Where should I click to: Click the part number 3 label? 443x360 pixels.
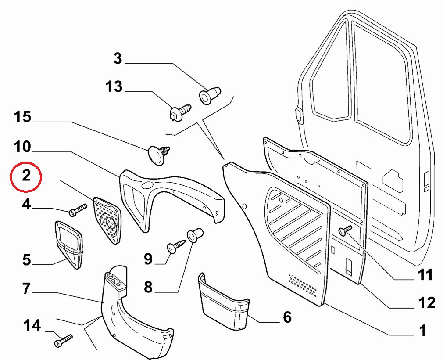coord(118,58)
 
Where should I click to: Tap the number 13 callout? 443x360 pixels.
coord(114,86)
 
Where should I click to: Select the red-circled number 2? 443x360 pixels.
coord(26,176)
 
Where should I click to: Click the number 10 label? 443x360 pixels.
coord(22,146)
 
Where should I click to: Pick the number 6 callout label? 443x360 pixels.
coord(287,317)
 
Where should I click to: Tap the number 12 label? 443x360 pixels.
coord(426,303)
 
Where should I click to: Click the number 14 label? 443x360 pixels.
coord(32,326)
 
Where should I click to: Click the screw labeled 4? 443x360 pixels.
coord(75,211)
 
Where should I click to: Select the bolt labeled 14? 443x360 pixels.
coord(64,340)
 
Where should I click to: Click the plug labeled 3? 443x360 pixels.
coord(210,95)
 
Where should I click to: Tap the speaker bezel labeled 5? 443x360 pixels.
coord(69,244)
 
